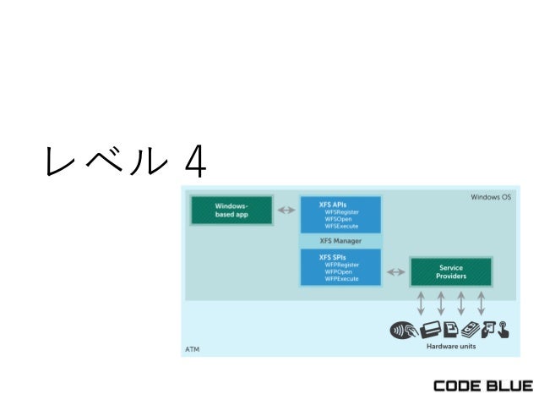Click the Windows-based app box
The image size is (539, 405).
click(231, 210)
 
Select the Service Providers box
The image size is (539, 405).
click(450, 272)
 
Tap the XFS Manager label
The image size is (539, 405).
click(340, 241)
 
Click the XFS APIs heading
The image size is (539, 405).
click(333, 205)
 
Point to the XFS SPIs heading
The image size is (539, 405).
click(332, 257)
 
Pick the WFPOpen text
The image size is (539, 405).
click(339, 271)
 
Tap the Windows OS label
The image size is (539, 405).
click(491, 198)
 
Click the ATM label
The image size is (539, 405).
click(193, 348)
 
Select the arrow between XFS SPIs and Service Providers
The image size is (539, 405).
click(395, 272)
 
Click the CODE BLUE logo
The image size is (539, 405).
click(482, 386)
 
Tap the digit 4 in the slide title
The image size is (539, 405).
click(194, 161)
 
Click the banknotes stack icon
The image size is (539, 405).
click(471, 330)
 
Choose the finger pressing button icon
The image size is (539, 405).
click(504, 330)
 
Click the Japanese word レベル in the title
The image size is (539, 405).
click(102, 161)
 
